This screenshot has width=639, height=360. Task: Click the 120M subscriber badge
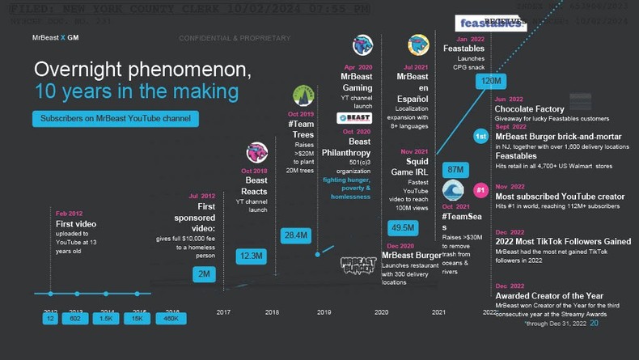point(491,82)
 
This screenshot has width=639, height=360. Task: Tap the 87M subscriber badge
point(455,169)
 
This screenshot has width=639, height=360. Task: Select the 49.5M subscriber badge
point(402,228)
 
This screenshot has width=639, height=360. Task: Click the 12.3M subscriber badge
point(251,256)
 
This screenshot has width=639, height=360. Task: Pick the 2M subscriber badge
point(205,274)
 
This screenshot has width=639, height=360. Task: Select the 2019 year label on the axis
point(324,311)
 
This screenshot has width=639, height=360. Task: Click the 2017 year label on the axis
point(223,311)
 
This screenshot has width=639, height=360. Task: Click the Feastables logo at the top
point(491,23)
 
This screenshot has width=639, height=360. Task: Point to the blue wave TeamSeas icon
point(453,191)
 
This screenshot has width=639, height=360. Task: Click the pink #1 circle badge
point(480,191)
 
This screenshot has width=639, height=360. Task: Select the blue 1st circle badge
point(480,138)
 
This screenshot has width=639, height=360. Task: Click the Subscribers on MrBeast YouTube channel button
point(116,119)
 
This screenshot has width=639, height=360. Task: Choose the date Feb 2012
point(69,213)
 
